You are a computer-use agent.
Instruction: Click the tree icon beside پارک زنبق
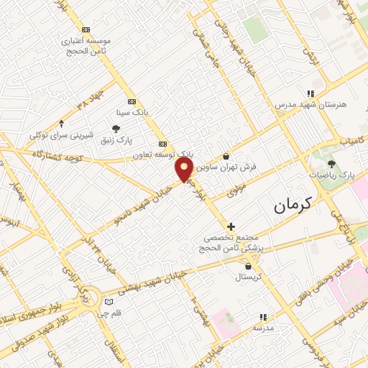point(116,129)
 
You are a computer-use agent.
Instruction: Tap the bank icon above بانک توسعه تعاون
point(162,143)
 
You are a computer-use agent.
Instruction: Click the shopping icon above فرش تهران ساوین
point(226,156)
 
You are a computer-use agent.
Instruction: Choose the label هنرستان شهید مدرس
point(310,104)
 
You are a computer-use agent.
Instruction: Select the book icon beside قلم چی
point(109,302)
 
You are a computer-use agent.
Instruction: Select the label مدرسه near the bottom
point(263,327)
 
